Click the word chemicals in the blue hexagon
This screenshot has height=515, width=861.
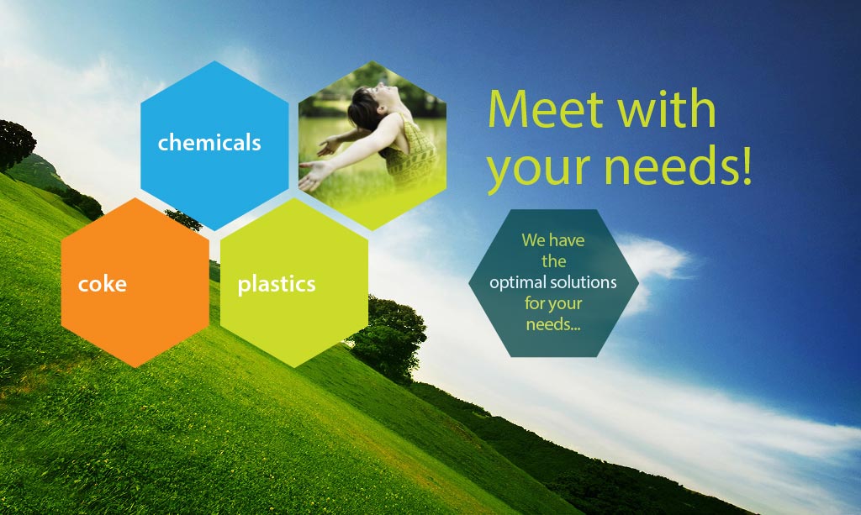coord(209,143)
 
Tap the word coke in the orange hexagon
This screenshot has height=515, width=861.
coord(102,284)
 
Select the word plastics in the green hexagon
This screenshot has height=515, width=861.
coord(276,285)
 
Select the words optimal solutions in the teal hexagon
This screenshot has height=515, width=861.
coord(553,282)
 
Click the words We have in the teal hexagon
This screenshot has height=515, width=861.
coord(553,240)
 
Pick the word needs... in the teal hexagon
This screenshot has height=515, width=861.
coord(553,324)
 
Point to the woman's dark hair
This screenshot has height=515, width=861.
coord(362,107)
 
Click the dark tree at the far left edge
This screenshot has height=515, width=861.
coord(15,145)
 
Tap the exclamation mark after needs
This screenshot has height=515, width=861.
coord(746,165)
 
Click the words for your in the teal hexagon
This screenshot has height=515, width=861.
coord(553,304)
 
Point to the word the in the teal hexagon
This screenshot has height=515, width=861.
coord(553,261)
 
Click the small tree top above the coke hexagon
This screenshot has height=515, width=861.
coord(184,218)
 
